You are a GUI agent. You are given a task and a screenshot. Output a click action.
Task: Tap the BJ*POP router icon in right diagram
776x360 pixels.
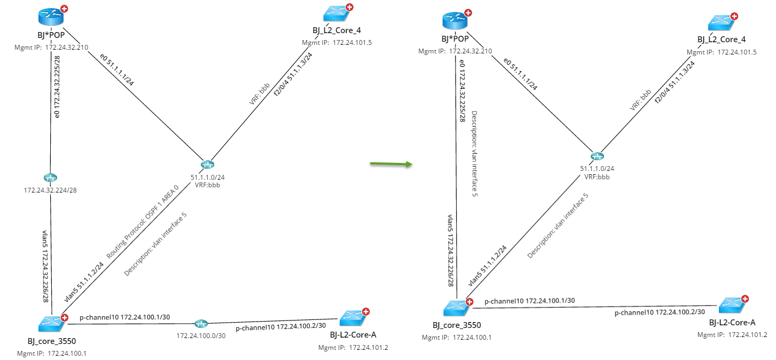click(x=455, y=21)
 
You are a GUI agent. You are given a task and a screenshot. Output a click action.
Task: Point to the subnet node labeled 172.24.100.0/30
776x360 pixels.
click(x=201, y=324)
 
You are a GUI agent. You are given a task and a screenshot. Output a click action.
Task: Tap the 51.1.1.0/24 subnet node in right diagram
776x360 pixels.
click(x=597, y=156)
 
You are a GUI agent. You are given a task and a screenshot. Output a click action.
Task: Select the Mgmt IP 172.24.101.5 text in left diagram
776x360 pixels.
click(x=336, y=43)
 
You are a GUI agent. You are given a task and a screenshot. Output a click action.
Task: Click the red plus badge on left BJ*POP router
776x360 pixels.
click(x=65, y=9)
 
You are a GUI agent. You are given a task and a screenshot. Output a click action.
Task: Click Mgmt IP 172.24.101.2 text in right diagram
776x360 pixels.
click(x=732, y=334)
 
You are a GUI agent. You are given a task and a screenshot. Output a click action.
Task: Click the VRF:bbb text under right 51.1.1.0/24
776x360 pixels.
click(x=597, y=176)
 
